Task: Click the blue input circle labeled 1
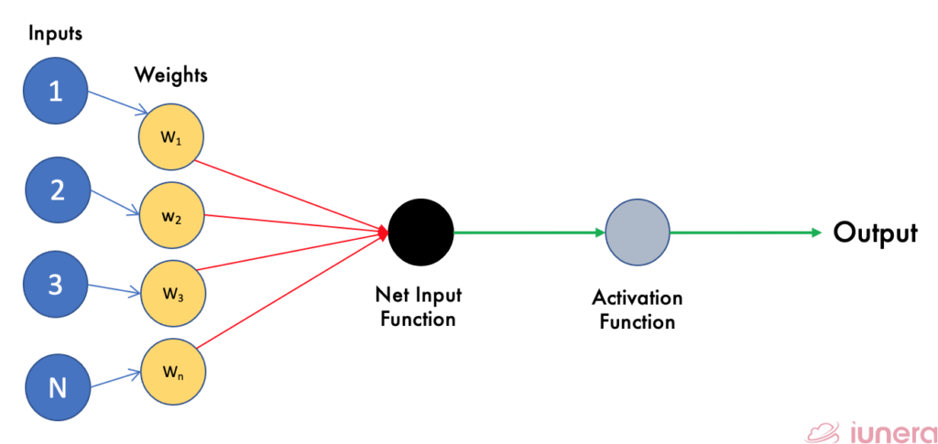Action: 56,92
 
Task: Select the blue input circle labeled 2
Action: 56,190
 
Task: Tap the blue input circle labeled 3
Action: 56,286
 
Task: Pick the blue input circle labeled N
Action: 57,387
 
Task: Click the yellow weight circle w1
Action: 170,139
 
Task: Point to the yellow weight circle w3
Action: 172,294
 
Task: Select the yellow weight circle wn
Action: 172,373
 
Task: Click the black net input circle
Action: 420,232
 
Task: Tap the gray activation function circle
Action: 638,232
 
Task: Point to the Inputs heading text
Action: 55,34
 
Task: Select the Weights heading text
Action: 171,75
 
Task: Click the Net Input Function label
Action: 419,307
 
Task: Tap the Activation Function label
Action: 637,310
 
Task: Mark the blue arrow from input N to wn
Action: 115,379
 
